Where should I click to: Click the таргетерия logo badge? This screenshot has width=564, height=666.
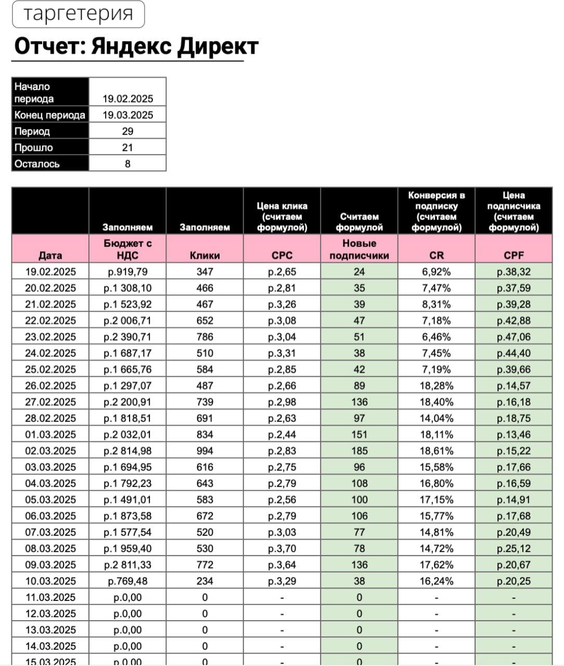click(x=78, y=14)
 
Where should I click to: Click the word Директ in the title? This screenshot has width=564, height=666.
click(x=217, y=46)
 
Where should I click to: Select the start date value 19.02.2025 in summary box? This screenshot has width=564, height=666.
click(x=127, y=99)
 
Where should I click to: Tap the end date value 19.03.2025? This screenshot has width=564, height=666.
click(x=127, y=115)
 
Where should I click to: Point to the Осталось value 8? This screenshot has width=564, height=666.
click(x=127, y=164)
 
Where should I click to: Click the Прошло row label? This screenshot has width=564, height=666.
click(x=34, y=148)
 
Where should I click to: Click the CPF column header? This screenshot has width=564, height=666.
click(x=514, y=255)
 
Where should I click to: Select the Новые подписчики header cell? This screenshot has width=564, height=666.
click(x=359, y=249)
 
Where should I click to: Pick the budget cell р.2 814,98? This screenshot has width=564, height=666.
click(x=127, y=451)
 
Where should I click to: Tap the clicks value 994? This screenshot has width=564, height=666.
click(x=204, y=451)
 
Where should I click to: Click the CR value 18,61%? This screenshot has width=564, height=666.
click(x=437, y=451)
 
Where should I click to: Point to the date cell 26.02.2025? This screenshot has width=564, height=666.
click(x=50, y=386)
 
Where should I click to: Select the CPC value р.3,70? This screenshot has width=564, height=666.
click(x=282, y=548)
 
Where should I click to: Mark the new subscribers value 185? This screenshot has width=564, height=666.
click(x=359, y=451)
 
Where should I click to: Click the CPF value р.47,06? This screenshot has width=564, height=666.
click(x=514, y=337)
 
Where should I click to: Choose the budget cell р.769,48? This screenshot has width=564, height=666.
click(x=127, y=581)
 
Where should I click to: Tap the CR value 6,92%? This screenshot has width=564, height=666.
click(x=437, y=272)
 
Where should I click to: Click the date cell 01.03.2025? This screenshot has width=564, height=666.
click(x=50, y=434)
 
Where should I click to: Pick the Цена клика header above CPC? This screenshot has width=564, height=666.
click(x=282, y=216)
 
